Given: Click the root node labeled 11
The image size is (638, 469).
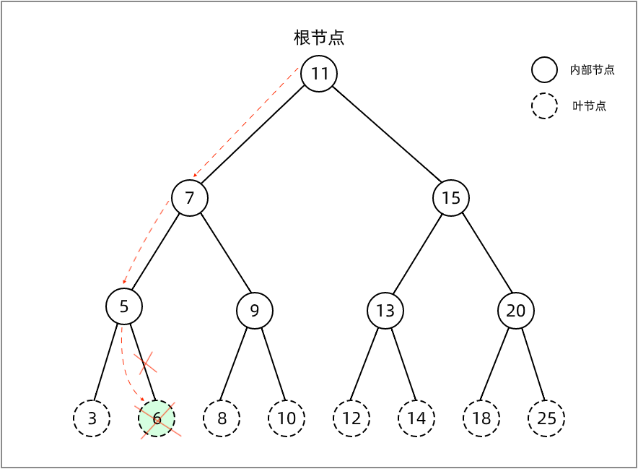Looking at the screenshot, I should point(319,74).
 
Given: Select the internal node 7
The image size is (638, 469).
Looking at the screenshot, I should point(190,198).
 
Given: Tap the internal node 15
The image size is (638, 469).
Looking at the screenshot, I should point(451,198).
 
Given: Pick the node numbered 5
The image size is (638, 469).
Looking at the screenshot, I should point(124,306).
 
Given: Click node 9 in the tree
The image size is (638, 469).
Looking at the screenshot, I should point(255,311).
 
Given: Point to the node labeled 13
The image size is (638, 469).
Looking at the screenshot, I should point(385,311).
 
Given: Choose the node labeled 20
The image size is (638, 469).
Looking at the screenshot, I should point(516,311).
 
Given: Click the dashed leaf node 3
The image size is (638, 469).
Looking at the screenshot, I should point(92,418).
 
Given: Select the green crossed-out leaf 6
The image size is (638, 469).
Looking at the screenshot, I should point(157,418).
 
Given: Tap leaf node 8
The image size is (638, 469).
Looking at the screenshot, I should point(222,418).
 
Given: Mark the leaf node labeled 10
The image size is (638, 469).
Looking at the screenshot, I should point(287,418).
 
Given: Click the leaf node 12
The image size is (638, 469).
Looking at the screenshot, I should point(351,418).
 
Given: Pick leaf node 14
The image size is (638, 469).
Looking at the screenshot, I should point(416,418).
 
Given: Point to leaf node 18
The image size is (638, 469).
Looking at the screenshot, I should point(481,418).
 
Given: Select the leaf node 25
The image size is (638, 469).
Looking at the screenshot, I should point(546,418).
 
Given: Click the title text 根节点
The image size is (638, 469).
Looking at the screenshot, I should point(319,38).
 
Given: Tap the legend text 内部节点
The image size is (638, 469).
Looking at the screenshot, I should point(593,70).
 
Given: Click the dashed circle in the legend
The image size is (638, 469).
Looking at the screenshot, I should point(545,106).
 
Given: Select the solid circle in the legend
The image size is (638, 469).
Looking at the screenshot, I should point(545,69).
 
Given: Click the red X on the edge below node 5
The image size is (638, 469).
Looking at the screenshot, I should point(146,362).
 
